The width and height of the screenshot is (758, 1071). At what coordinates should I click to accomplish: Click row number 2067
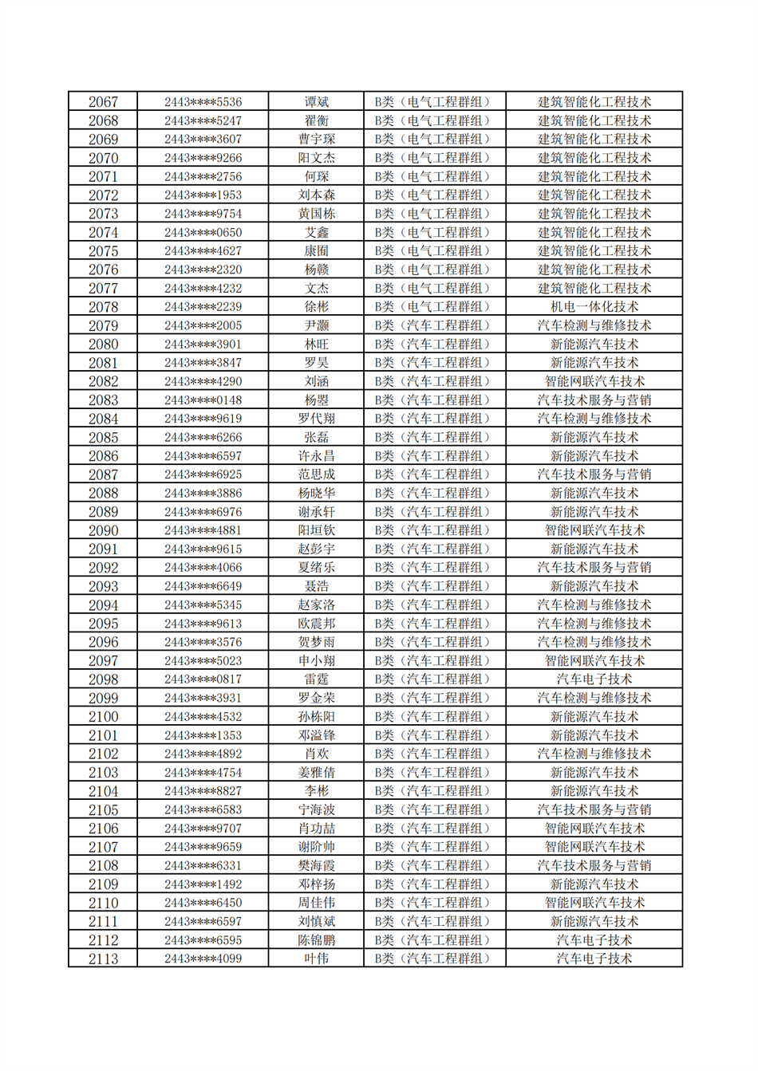pyautogui.click(x=103, y=102)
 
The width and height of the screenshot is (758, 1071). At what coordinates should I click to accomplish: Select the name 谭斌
pyautogui.click(x=316, y=102)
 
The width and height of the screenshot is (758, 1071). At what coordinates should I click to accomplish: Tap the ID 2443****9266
pyautogui.click(x=203, y=158)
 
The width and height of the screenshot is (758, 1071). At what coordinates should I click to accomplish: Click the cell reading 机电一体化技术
pyautogui.click(x=594, y=307)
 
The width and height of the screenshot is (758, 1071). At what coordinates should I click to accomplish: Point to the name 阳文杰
pyautogui.click(x=316, y=158)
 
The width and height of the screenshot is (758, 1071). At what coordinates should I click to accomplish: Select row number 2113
pyautogui.click(x=103, y=959)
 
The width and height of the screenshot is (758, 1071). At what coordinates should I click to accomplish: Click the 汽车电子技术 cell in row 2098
pyautogui.click(x=594, y=679)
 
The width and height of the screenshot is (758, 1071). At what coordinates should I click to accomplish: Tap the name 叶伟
pyautogui.click(x=316, y=959)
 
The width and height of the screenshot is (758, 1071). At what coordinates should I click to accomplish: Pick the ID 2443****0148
pyautogui.click(x=203, y=400)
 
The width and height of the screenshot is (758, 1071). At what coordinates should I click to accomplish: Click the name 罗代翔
pyautogui.click(x=316, y=419)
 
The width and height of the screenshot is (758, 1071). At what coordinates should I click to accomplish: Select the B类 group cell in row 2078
pyautogui.click(x=434, y=307)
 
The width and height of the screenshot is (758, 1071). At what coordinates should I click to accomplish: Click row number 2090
pyautogui.click(x=103, y=530)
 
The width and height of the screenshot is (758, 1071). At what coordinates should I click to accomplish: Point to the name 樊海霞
pyautogui.click(x=316, y=865)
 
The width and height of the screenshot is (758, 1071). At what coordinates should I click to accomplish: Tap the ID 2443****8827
pyautogui.click(x=203, y=791)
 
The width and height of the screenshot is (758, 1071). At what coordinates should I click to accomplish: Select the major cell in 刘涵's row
pyautogui.click(x=594, y=381)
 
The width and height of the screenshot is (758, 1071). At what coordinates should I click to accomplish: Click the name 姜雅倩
pyautogui.click(x=316, y=772)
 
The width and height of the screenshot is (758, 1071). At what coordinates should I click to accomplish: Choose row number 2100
pyautogui.click(x=103, y=717)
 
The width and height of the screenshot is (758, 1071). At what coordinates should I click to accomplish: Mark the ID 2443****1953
pyautogui.click(x=203, y=195)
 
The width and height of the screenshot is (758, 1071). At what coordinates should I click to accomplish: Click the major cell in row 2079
pyautogui.click(x=594, y=325)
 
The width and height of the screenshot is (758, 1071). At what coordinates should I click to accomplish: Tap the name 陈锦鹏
pyautogui.click(x=316, y=940)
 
